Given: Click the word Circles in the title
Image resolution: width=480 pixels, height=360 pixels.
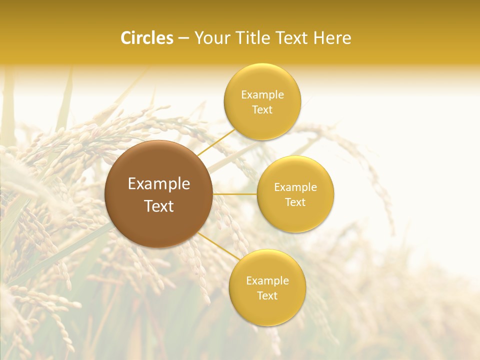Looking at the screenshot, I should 146,38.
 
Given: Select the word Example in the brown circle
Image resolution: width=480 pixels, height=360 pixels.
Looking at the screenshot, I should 159,184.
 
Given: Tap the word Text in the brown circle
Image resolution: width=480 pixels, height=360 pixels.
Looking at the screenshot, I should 159,206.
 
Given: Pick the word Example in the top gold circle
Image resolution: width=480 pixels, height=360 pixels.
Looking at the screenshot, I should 262,95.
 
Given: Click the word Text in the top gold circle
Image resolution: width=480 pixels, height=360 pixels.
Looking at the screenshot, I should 262,110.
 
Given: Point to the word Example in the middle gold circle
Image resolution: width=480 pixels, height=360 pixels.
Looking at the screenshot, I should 295,187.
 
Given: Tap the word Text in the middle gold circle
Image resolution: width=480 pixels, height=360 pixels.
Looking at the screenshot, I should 295,202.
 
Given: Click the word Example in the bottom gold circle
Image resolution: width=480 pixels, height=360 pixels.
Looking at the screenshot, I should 267,281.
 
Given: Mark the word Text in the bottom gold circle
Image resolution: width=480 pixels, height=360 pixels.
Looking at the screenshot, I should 267,296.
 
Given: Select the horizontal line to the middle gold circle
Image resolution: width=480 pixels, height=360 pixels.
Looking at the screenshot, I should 235,194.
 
